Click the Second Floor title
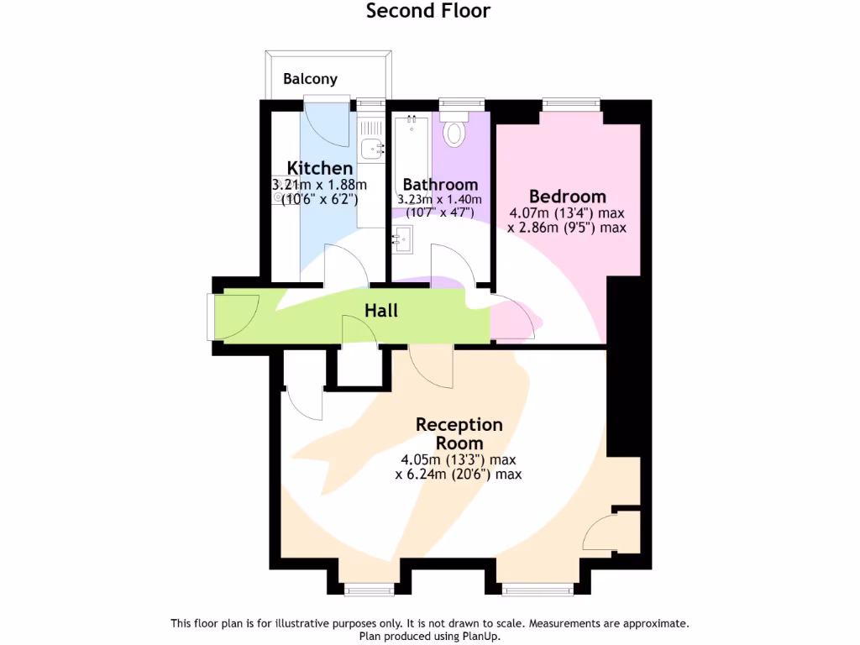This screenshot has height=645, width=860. pos(428,11)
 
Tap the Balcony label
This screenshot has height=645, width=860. pos(310,79)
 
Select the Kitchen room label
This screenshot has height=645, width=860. pos(319,168)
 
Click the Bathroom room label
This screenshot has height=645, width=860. pos(440,184)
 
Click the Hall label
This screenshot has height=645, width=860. pos(380,311)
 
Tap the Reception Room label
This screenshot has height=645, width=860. pos(459,433)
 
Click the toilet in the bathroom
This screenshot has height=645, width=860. pos(455,132)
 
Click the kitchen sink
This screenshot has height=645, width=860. pos(371,149)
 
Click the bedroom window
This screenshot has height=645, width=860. pos(571,104)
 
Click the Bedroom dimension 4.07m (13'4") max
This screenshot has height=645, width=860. pos(566,213)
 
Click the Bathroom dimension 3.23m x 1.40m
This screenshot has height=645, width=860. pos(440,199)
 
